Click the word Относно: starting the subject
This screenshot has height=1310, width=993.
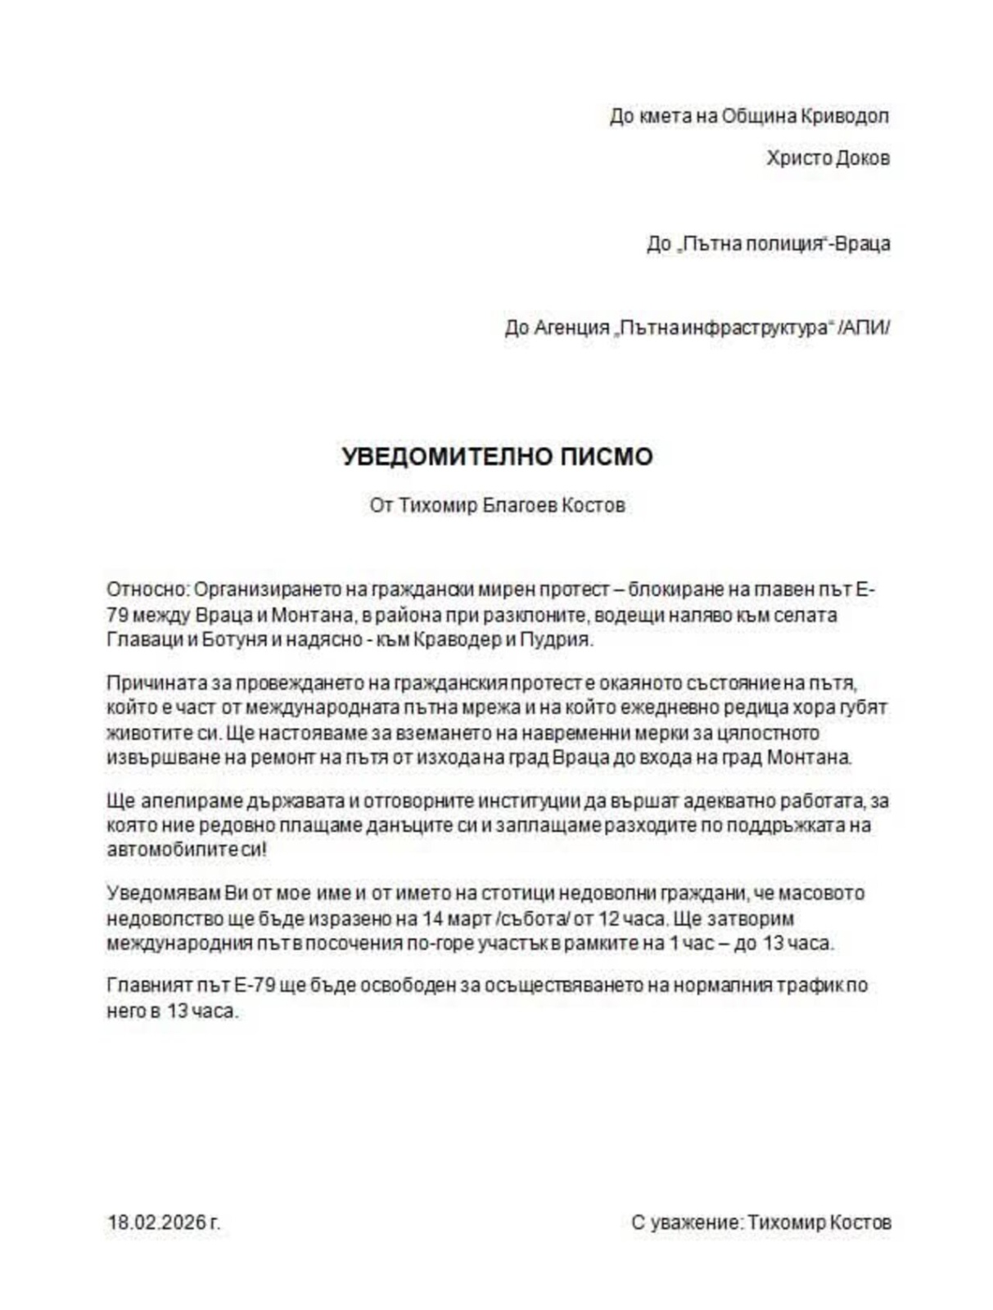(x=147, y=589)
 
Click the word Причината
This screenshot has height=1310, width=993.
(x=152, y=682)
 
